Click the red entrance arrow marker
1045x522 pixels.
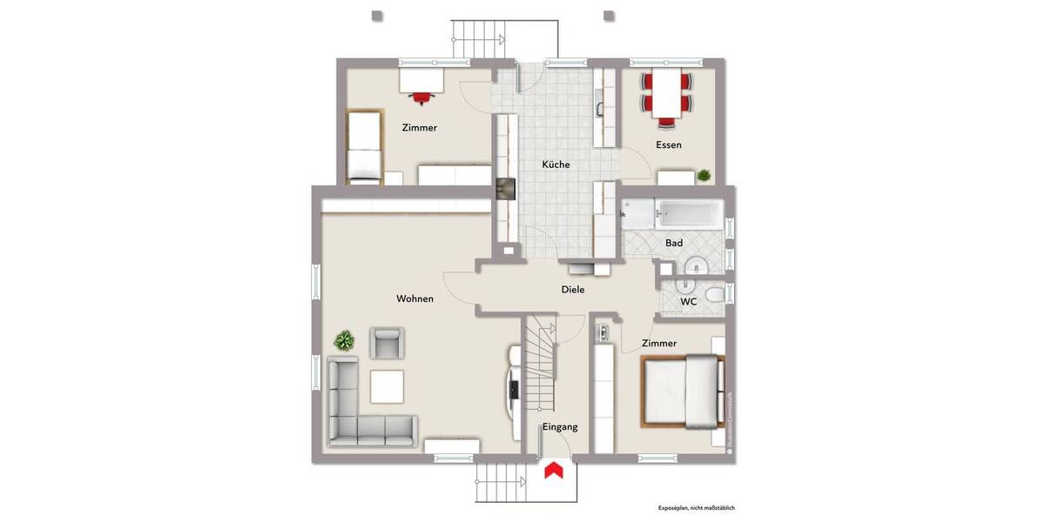552,471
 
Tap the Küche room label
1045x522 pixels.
556,164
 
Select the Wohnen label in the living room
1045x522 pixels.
415,298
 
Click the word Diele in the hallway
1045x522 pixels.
572,290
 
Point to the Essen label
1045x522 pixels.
669,144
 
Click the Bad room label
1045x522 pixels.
674,243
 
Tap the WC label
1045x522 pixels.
688,302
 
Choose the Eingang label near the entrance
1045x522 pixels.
560,427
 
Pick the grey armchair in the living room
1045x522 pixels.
388,342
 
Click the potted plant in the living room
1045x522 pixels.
346,340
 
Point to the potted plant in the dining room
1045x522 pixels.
704,175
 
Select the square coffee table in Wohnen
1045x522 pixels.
387,386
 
